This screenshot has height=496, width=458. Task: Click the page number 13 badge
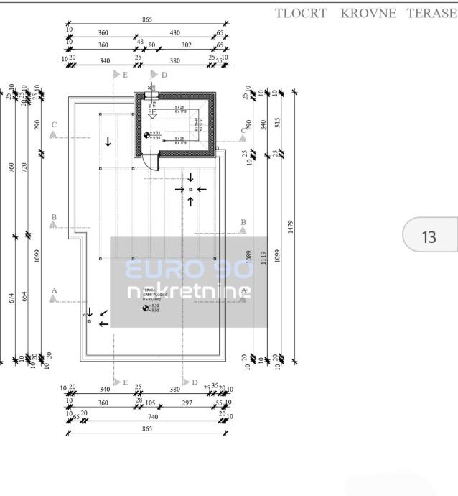click(x=429, y=236)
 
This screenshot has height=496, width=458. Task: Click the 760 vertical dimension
click(x=11, y=167)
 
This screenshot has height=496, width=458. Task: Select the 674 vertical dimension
click(x=11, y=298)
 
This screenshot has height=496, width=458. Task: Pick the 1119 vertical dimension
click(x=263, y=259)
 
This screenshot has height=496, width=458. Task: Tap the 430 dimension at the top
click(x=174, y=33)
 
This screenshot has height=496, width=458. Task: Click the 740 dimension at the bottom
click(x=153, y=416)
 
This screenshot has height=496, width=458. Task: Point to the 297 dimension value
click(x=187, y=403)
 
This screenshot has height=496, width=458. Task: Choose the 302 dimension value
click(x=186, y=45)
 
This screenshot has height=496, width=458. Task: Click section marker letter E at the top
click(x=125, y=75)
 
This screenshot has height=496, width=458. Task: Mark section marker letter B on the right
click(x=243, y=222)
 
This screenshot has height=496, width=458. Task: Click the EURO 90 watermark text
click(x=188, y=270)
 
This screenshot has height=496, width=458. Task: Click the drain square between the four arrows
click(x=190, y=189)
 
